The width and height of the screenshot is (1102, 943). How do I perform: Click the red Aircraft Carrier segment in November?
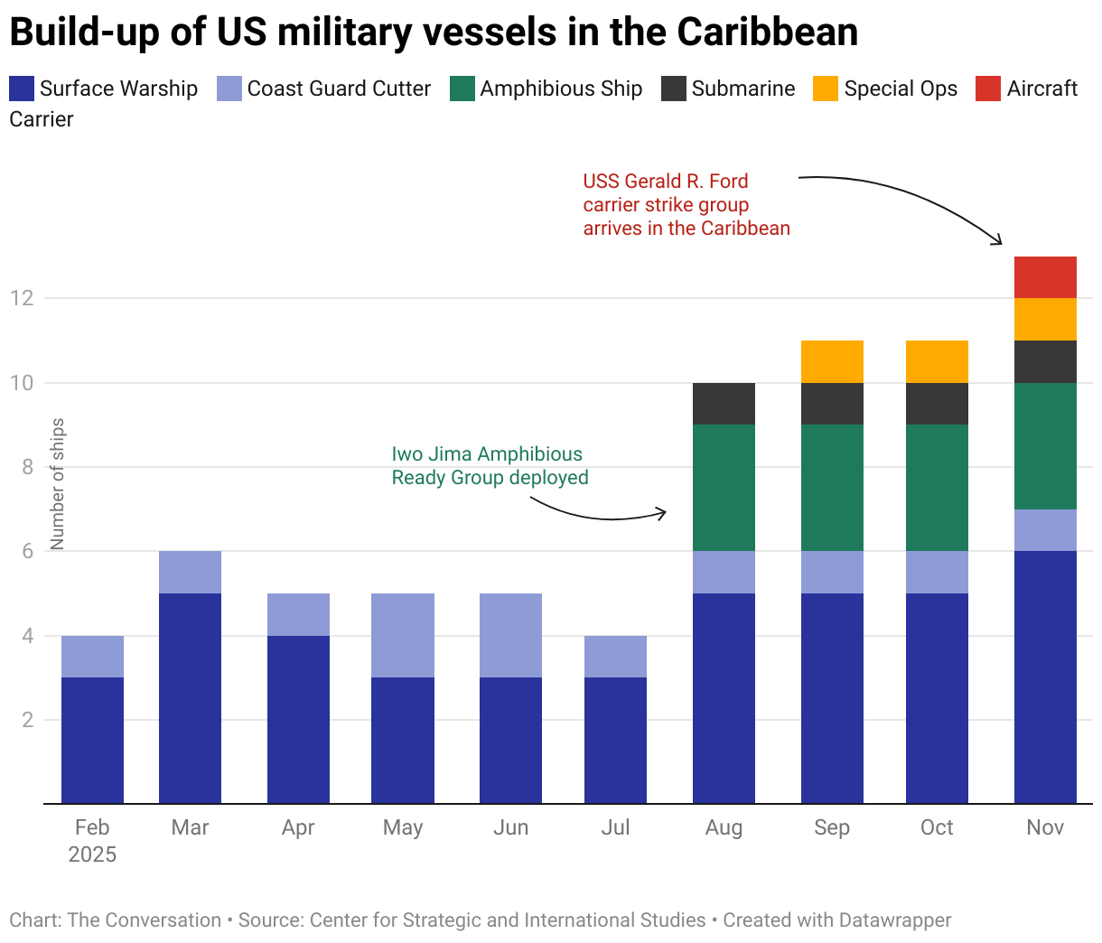click(1045, 277)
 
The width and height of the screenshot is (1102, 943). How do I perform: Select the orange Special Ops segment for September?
click(832, 361)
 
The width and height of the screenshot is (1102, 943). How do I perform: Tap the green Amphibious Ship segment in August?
click(724, 488)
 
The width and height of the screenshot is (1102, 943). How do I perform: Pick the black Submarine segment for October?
click(937, 404)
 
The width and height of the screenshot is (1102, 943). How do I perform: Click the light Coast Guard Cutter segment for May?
click(403, 635)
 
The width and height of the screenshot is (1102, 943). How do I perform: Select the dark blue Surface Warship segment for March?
click(190, 698)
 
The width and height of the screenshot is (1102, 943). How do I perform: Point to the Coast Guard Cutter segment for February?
click(92, 657)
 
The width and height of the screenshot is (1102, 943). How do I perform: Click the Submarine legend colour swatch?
click(674, 89)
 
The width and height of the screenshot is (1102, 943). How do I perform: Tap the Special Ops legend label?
click(901, 89)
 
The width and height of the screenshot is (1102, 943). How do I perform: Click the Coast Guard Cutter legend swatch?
click(229, 89)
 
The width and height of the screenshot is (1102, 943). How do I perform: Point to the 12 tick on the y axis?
click(22, 298)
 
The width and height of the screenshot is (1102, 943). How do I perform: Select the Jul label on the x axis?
click(615, 827)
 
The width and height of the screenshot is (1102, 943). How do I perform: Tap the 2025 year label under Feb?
click(92, 854)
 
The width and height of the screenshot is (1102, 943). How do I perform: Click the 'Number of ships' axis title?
click(58, 484)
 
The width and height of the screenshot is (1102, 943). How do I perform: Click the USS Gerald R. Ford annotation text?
click(686, 205)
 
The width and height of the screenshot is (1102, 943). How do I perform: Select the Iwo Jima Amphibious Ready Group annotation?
click(490, 466)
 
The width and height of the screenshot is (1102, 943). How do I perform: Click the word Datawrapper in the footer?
click(894, 920)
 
